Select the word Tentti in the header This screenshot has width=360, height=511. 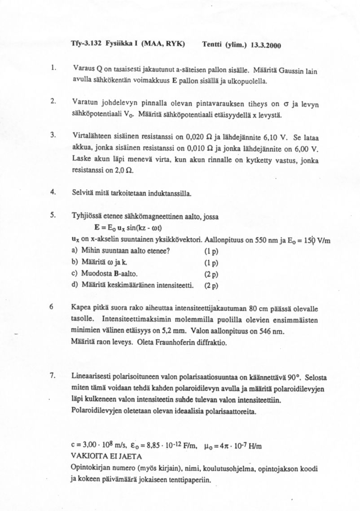click(212, 45)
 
